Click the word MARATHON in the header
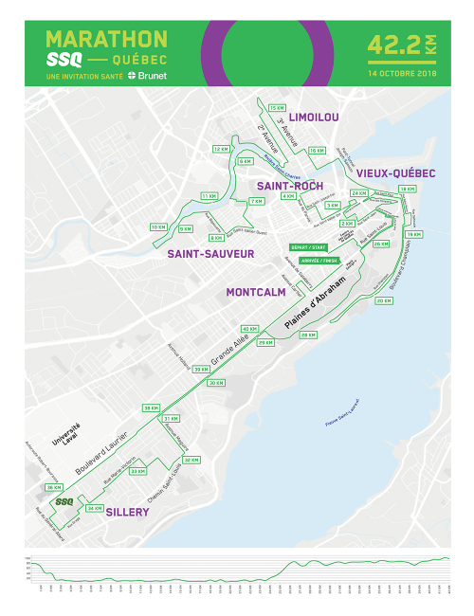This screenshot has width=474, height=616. (x=106, y=39)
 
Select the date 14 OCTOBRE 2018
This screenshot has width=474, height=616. (x=402, y=73)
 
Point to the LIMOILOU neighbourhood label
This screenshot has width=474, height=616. (x=314, y=117)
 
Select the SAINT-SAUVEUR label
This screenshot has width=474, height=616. (x=210, y=254)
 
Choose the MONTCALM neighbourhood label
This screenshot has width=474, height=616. (x=256, y=293)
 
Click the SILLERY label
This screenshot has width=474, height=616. (x=127, y=511)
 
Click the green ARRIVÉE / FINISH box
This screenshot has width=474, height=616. (x=318, y=260)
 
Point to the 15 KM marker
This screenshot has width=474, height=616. (x=277, y=108)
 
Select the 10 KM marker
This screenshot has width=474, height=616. (x=158, y=227)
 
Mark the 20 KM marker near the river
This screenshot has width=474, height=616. (x=384, y=300)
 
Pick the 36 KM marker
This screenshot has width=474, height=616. (x=53, y=487)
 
